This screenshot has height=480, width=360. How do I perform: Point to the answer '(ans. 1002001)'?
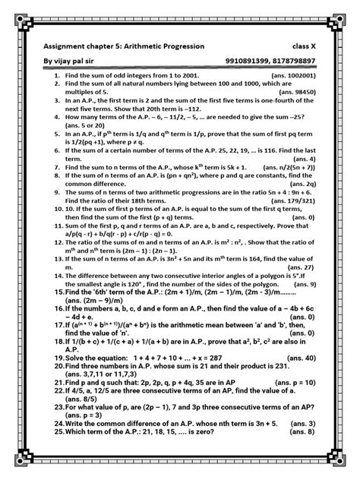point(290,77)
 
